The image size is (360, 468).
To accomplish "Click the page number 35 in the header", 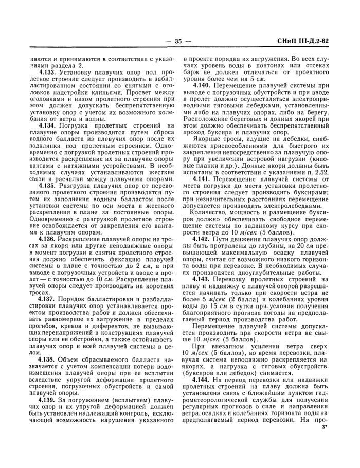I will tap(179, 42).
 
